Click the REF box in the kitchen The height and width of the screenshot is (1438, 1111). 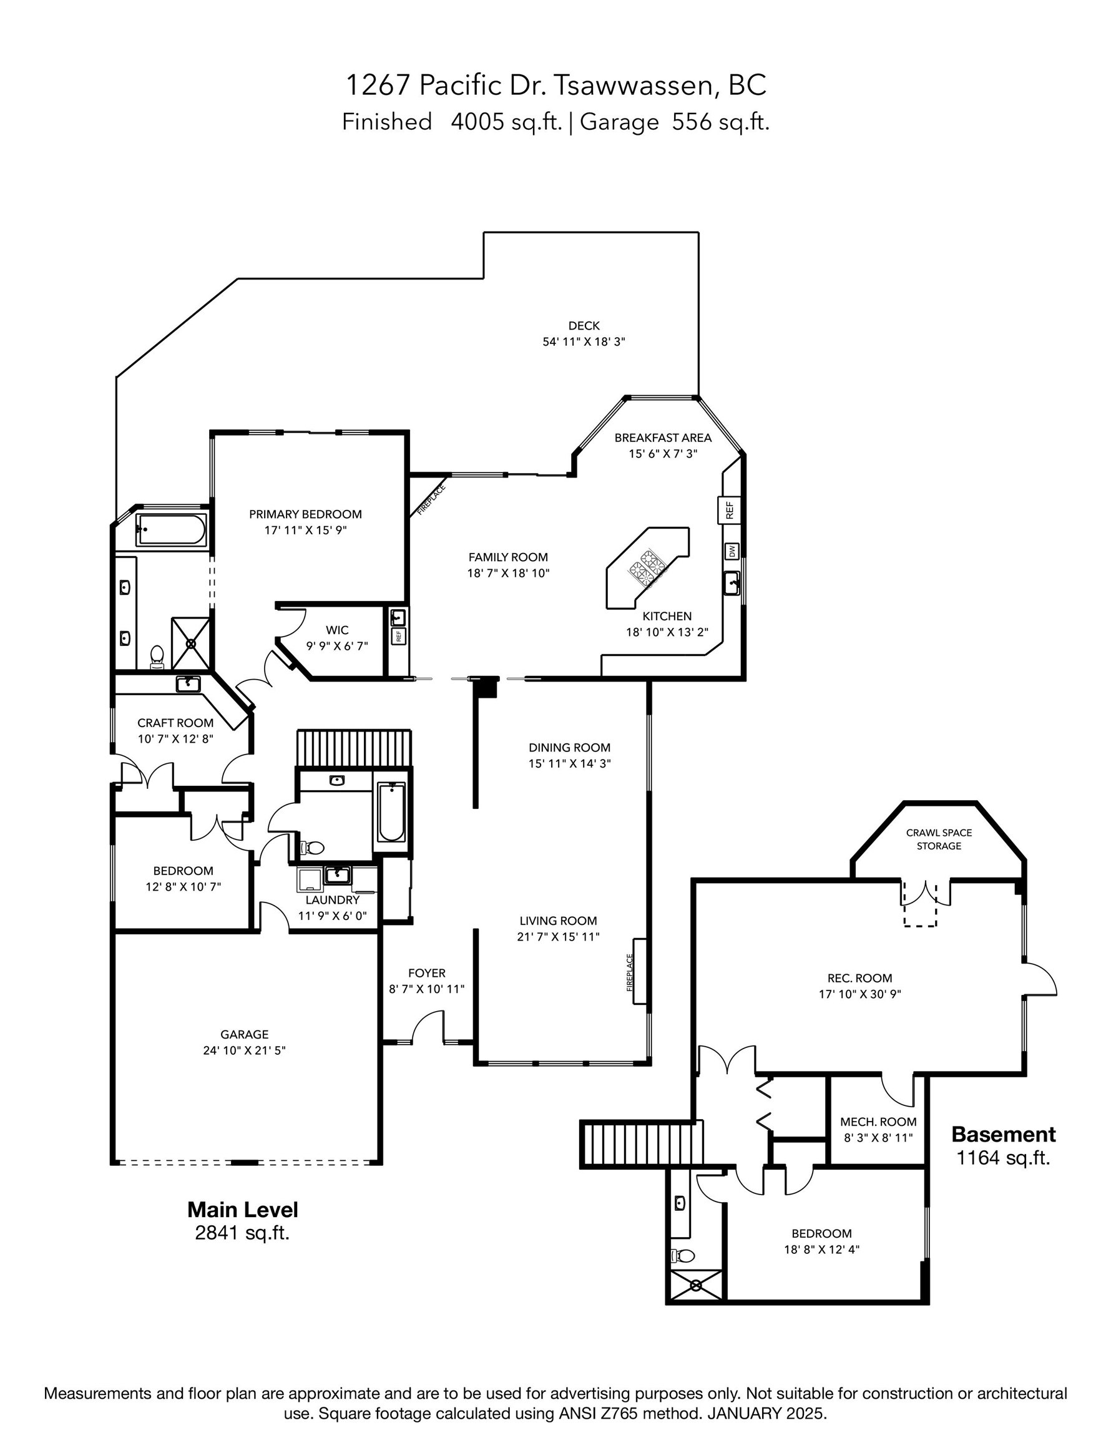click(x=729, y=511)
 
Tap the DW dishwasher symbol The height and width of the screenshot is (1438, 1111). click(x=732, y=550)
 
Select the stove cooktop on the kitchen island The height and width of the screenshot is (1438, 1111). click(x=647, y=567)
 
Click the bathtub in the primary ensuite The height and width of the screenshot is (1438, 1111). click(x=171, y=529)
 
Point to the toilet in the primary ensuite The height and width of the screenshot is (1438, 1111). click(x=157, y=656)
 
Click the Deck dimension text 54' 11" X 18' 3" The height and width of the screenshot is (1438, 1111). click(x=583, y=342)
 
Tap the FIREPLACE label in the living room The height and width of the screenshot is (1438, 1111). click(x=630, y=973)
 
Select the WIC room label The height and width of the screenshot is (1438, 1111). click(x=336, y=630)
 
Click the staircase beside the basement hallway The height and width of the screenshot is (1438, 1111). click(x=640, y=1144)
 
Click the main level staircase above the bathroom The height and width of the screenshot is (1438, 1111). click(x=354, y=748)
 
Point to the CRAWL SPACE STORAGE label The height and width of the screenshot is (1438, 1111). click(x=939, y=839)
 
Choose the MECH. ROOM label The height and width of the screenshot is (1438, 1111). click(x=878, y=1122)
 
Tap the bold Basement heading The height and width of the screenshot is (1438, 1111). click(x=1003, y=1134)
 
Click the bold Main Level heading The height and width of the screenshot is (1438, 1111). click(x=242, y=1209)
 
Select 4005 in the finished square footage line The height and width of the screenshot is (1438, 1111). click(x=477, y=122)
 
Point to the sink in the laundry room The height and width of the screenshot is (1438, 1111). click(x=337, y=874)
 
